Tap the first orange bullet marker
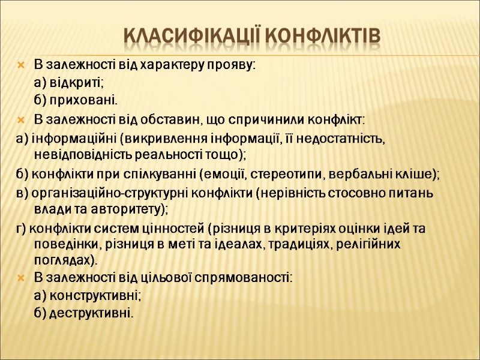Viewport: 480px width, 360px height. (x=21, y=65)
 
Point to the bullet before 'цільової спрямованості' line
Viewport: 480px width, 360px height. (x=21, y=278)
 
